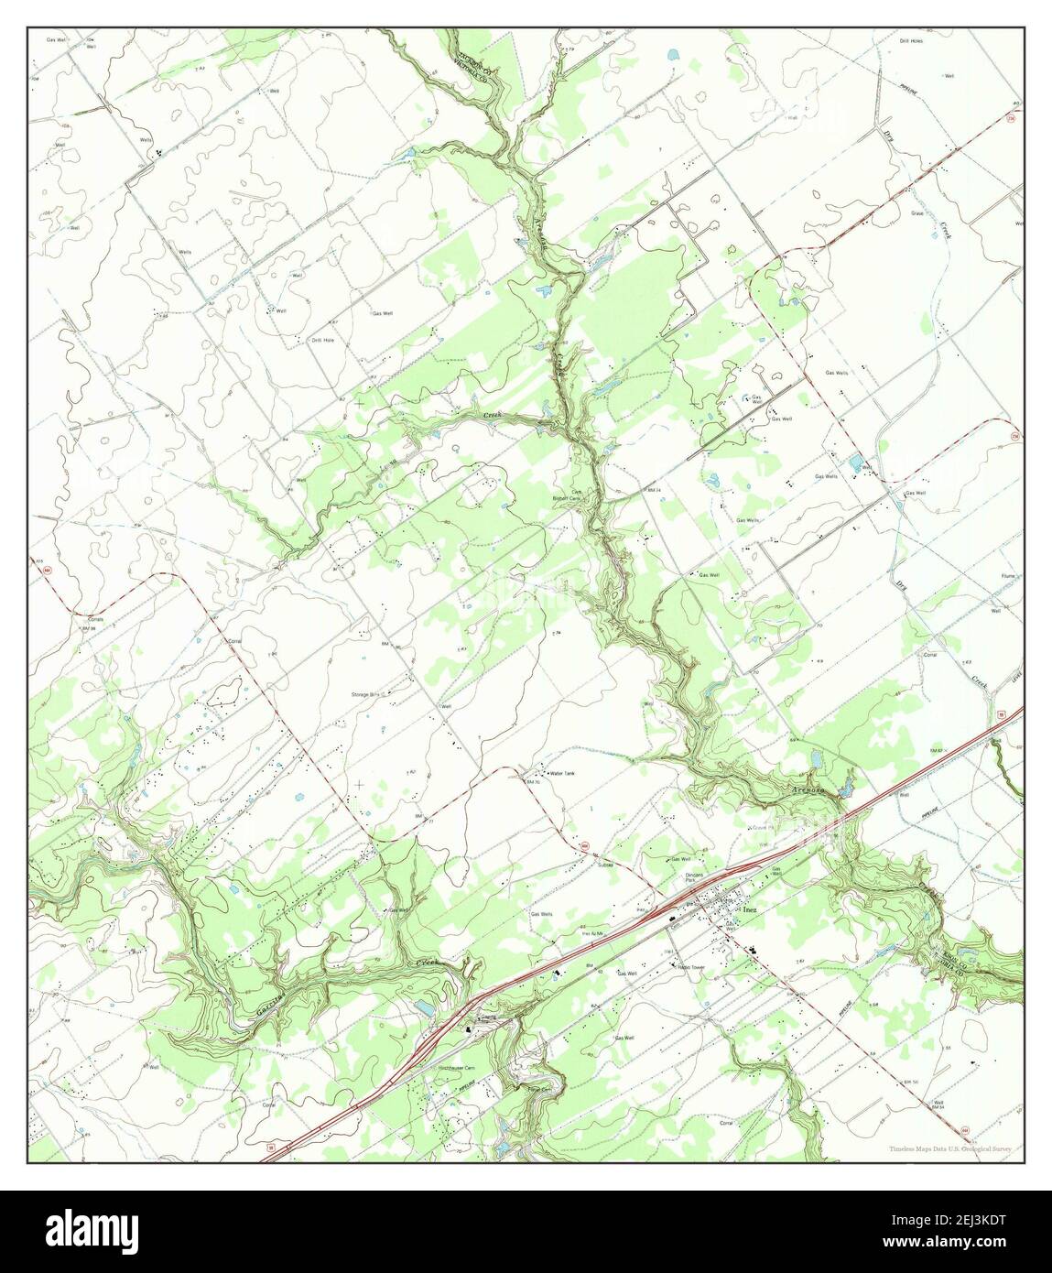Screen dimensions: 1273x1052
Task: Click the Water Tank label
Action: pyautogui.click(x=561, y=774)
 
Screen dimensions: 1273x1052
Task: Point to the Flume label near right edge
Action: pyautogui.click(x=1008, y=576)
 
